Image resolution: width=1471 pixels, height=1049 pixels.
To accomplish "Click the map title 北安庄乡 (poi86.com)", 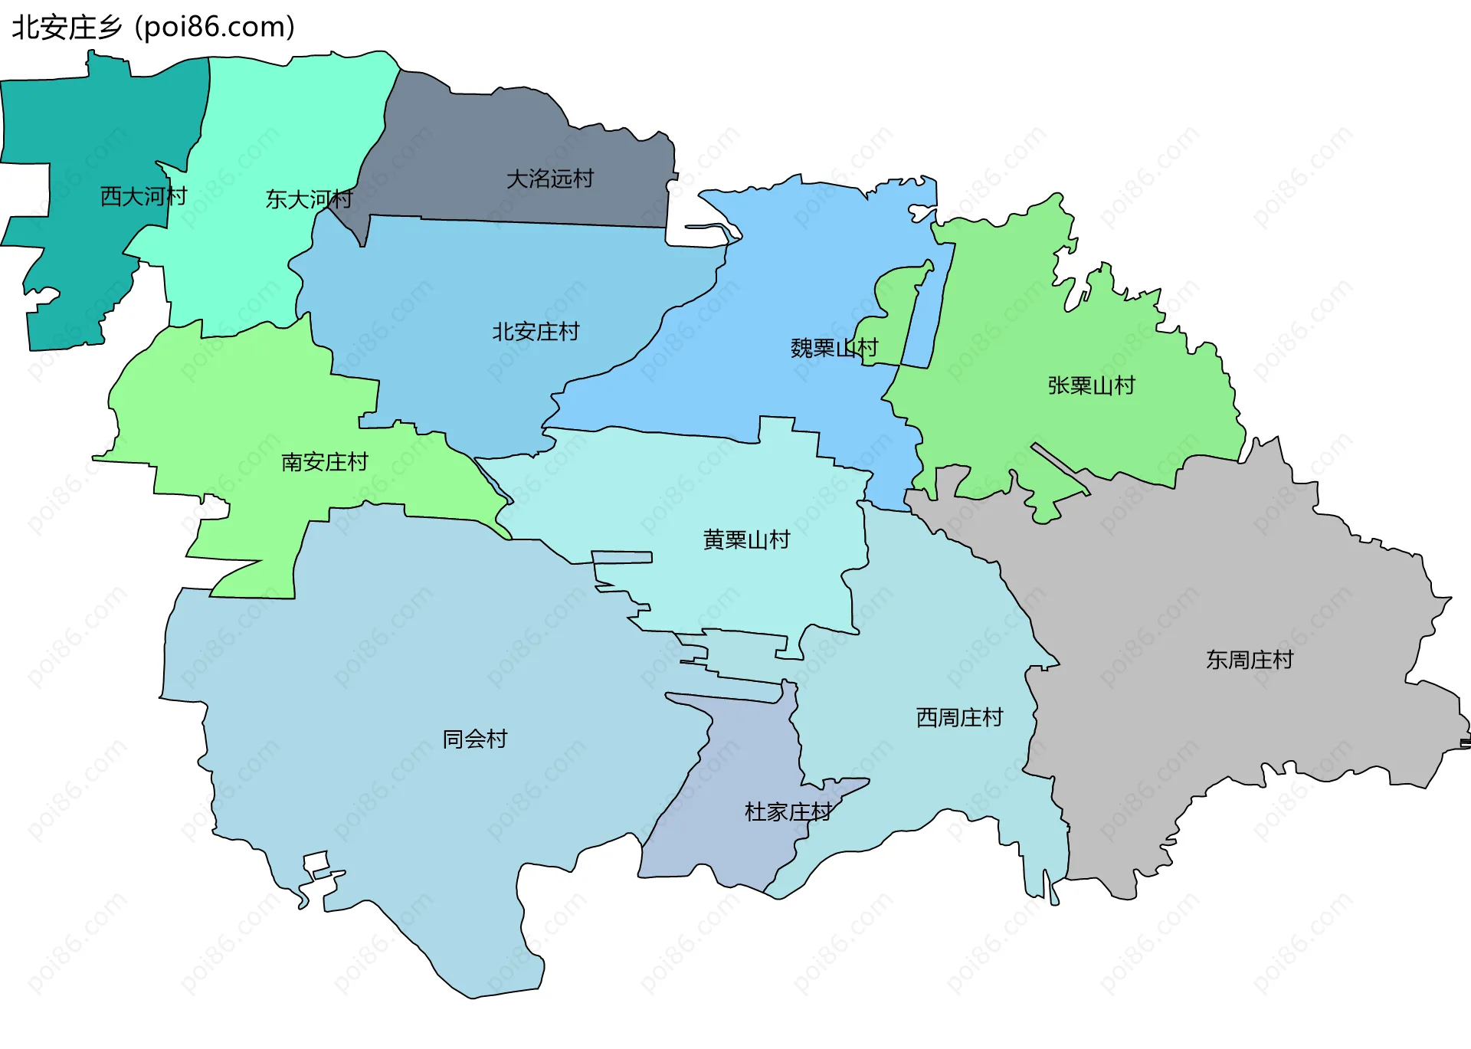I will [153, 27].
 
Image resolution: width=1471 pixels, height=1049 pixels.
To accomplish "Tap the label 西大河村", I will [144, 197].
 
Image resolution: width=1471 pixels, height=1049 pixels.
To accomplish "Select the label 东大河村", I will [309, 199].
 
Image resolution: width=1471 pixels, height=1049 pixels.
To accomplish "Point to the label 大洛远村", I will [550, 179].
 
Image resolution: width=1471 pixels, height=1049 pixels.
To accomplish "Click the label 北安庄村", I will [536, 332].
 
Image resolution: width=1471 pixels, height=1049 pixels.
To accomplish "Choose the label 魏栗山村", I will [834, 349].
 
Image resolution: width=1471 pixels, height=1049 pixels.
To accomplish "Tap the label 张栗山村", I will [1091, 385].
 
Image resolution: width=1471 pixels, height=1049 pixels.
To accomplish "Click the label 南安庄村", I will [325, 462].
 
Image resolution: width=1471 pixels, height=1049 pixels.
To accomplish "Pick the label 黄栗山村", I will [746, 540].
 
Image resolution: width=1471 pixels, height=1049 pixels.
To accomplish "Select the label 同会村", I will [475, 739].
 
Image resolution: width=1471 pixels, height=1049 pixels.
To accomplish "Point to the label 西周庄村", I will [959, 718].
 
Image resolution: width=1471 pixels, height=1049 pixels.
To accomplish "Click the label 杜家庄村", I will [788, 812].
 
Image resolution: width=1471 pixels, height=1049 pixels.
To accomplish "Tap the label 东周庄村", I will [1250, 660].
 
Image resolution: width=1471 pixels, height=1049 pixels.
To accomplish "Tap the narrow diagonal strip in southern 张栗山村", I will [1060, 467].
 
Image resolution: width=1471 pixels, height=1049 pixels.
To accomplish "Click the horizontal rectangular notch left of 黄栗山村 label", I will [621, 557].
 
